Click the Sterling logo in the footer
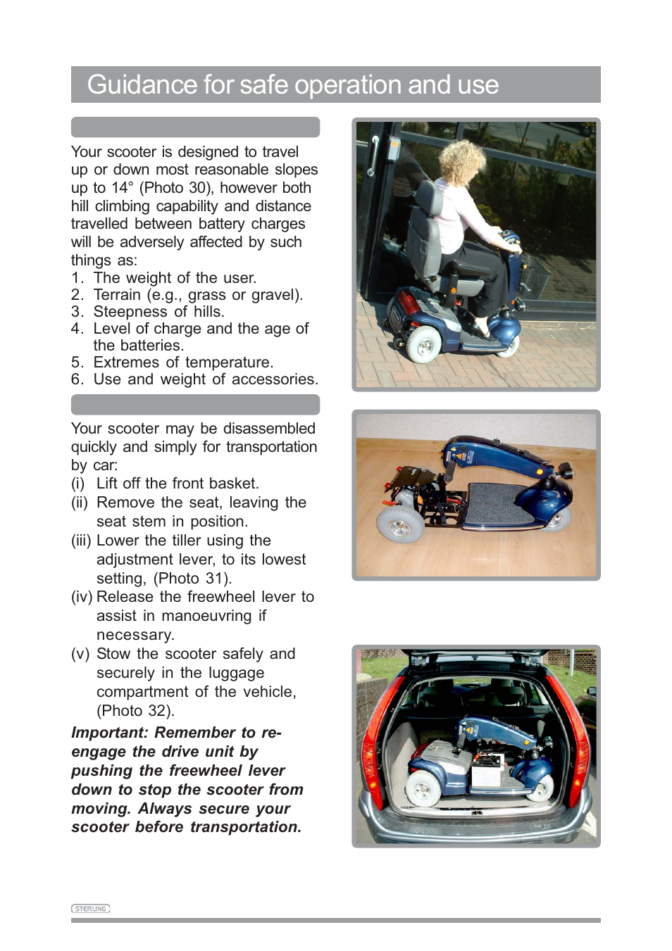[90, 908]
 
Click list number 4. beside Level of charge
[77, 329]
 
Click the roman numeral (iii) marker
[81, 541]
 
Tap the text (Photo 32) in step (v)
[135, 710]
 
